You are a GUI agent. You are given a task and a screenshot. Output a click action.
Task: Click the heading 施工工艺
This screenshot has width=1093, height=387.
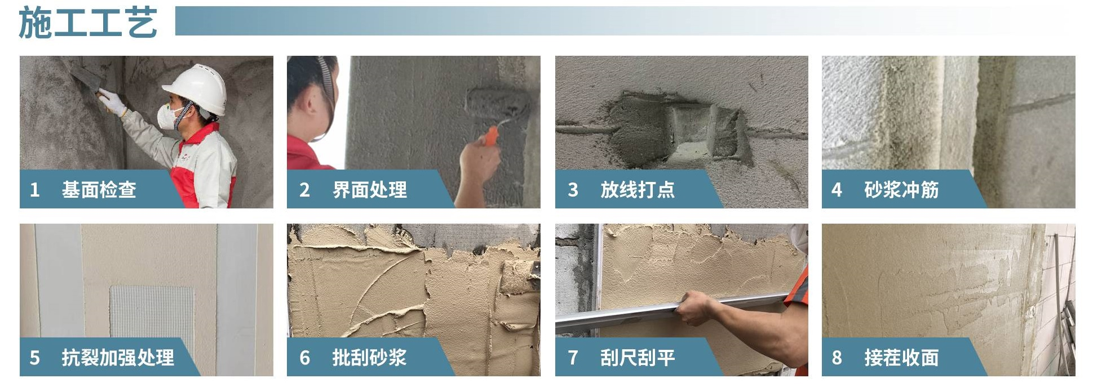click(x=87, y=23)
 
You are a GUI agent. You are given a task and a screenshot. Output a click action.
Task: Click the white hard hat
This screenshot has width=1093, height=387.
click(x=197, y=88)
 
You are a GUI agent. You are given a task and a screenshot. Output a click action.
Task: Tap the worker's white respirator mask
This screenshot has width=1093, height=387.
click(x=168, y=116)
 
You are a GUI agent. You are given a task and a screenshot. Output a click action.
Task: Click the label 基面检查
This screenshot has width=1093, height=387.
click(x=99, y=190)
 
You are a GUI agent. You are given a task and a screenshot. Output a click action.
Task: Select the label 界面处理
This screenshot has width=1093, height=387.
click(x=370, y=190)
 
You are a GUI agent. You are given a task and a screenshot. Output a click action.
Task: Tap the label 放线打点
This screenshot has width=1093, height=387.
click(x=638, y=190)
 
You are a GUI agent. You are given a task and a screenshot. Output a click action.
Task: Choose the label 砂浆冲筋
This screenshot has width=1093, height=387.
click(x=901, y=190)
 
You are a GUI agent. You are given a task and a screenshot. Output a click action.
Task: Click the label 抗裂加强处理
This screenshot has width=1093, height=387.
click(x=118, y=358)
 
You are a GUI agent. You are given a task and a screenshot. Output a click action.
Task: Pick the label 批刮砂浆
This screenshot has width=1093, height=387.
click(x=369, y=358)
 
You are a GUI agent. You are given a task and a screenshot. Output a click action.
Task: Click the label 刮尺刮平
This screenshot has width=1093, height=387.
click(x=638, y=358)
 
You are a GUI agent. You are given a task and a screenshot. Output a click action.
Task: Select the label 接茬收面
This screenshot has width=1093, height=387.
click(x=901, y=358)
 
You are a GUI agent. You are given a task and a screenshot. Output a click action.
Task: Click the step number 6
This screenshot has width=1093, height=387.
click(x=305, y=358)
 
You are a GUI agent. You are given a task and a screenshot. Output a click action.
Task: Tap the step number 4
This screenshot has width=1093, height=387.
click(x=837, y=190)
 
